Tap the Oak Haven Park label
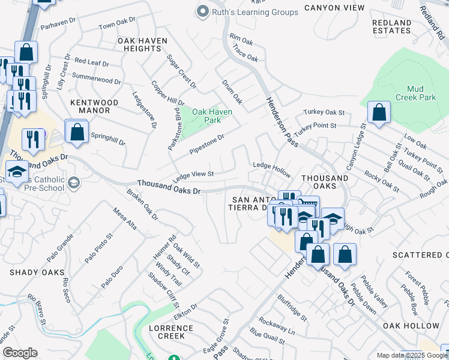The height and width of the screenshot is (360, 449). click(x=212, y=115)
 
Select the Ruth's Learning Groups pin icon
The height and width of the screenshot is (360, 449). click(x=202, y=11)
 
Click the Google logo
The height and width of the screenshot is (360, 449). click(x=20, y=353)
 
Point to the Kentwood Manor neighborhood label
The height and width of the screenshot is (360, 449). click(x=90, y=106)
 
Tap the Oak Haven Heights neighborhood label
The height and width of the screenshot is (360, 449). click(x=143, y=44)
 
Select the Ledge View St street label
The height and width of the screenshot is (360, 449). click(x=193, y=175)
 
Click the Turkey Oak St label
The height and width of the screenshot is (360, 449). click(x=324, y=112)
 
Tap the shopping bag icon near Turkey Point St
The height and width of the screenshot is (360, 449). click(x=379, y=112)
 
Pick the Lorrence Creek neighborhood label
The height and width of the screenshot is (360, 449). click(x=171, y=332)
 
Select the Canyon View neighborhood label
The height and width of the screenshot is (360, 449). click(x=334, y=8)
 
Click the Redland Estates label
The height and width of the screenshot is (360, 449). click(x=392, y=27)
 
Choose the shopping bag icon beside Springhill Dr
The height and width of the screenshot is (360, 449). click(x=77, y=132)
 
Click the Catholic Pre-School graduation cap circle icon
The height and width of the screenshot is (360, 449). click(x=74, y=182)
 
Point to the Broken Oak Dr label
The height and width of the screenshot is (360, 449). click(x=142, y=204)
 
